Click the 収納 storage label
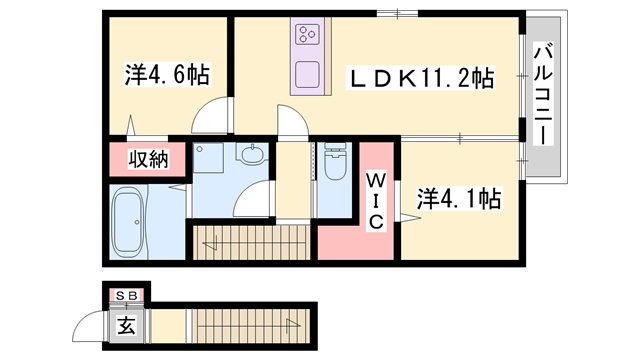tap(147, 159)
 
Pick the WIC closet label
tap(374, 200)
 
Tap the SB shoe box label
tap(127, 295)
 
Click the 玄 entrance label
tap(127, 324)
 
